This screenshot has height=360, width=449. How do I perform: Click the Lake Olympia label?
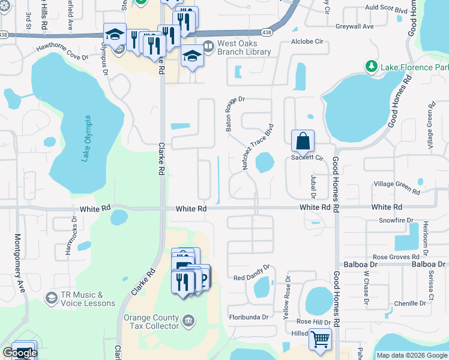point(86,139)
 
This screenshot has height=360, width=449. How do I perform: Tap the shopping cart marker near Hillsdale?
point(320,340)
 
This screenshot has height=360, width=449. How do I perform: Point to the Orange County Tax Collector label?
point(151,322)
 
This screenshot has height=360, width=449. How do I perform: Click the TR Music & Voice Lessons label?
point(88,299)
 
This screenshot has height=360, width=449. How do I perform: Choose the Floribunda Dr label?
point(251,316)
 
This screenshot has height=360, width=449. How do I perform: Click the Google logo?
point(19,353)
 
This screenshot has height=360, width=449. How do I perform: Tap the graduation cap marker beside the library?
point(191,56)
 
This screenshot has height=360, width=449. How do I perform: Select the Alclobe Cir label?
point(307,42)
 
